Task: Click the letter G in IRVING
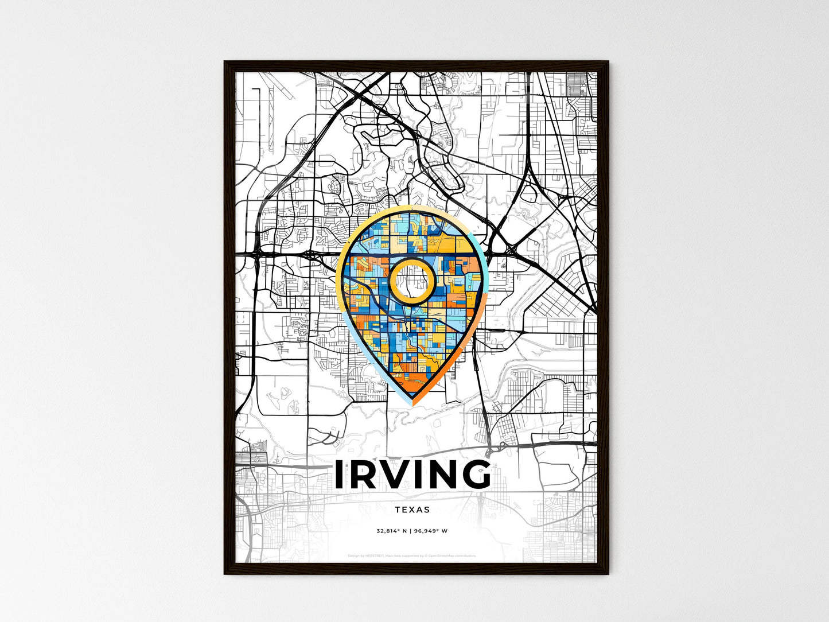[x=472, y=475]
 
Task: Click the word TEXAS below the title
[x=412, y=510]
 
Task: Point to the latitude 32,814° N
[x=391, y=531]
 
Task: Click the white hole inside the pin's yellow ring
[x=412, y=279]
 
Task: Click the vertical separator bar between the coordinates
[x=411, y=531]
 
